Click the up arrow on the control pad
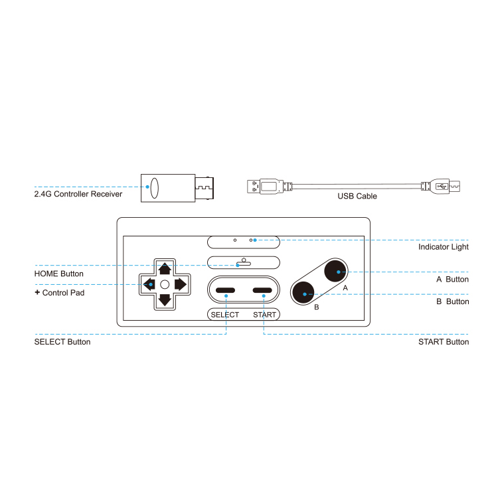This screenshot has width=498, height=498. coord(165,269)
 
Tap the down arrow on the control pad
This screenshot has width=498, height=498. coord(165,299)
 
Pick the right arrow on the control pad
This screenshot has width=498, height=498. coord(180,284)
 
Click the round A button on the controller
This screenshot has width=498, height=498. coord(336,272)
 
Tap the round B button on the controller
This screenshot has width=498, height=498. coord(304,293)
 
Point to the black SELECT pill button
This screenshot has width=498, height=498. coord(226,291)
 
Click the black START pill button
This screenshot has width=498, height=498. coord(263,291)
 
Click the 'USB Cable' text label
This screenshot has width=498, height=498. coord(357,196)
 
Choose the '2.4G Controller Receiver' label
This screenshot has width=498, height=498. coord(78,195)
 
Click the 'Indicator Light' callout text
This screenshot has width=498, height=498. coord(444,247)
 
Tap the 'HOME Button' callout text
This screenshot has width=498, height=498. coord(59,274)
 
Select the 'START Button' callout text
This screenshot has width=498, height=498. coord(444,342)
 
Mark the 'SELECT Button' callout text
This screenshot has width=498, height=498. coord(62,342)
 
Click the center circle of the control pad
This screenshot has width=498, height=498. coord(165,284)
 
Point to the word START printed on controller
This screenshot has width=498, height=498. coord(264,315)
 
